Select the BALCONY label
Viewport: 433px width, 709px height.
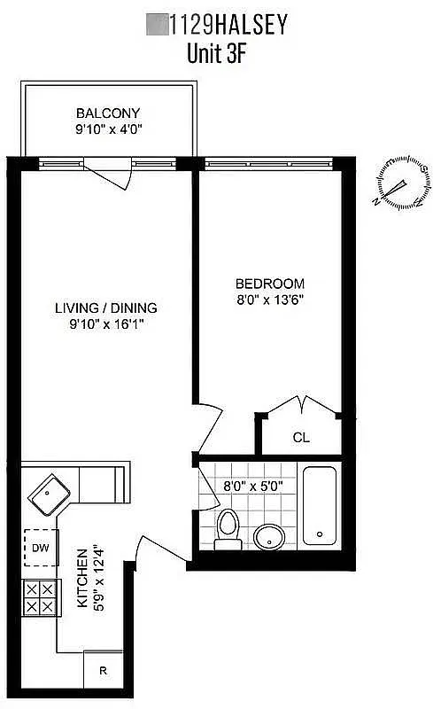click(x=108, y=113)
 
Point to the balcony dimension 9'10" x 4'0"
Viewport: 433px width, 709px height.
click(x=108, y=129)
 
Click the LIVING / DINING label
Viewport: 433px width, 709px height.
click(x=106, y=308)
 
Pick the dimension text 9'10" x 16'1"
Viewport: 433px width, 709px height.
click(x=106, y=324)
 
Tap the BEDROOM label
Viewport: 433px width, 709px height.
click(x=269, y=284)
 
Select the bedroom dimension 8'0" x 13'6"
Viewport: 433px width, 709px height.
click(x=269, y=300)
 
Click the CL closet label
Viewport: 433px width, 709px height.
click(x=301, y=437)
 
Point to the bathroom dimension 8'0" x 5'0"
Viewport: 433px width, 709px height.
click(x=254, y=486)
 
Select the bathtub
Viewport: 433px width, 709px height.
click(x=320, y=506)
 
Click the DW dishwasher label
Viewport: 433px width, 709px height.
click(x=41, y=549)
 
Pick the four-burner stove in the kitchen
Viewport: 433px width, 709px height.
click(x=39, y=597)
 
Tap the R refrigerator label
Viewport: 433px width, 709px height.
click(x=103, y=671)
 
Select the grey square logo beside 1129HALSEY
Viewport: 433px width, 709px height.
click(x=157, y=24)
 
